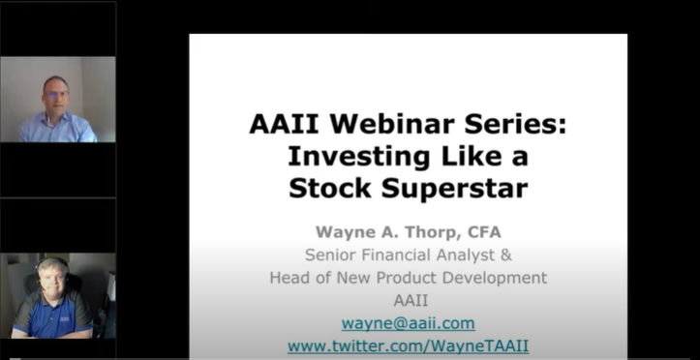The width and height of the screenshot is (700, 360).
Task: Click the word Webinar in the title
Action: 391,124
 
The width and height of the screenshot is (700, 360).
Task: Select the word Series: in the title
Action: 515,124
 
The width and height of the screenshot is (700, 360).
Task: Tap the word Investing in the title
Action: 359,157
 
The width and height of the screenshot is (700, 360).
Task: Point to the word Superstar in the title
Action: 454,189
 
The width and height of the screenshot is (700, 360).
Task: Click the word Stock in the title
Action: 330,188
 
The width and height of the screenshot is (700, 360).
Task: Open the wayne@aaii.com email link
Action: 408,323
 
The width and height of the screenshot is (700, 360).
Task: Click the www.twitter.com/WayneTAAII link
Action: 408,345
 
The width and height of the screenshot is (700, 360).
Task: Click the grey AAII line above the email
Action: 411,300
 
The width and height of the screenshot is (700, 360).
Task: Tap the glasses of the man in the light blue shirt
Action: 56,94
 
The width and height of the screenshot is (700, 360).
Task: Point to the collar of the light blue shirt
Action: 55,119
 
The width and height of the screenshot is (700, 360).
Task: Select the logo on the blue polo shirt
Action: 65,319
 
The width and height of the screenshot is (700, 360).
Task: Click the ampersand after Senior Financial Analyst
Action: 505,255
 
